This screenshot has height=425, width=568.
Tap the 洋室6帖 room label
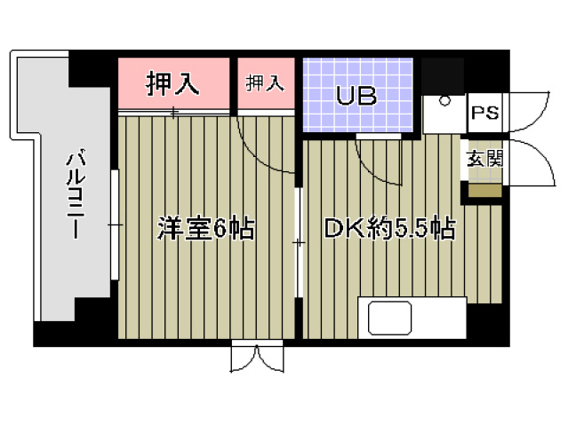click(x=205, y=229)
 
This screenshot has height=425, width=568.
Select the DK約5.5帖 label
click(x=389, y=229)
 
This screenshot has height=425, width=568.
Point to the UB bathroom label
click(x=356, y=96)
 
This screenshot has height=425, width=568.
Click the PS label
click(x=484, y=114)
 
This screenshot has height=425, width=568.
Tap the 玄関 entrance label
click(x=484, y=160)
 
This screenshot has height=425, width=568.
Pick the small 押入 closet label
click(x=264, y=84)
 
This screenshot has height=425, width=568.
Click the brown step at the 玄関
click(x=485, y=190)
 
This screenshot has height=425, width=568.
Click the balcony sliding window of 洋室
click(x=116, y=225)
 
